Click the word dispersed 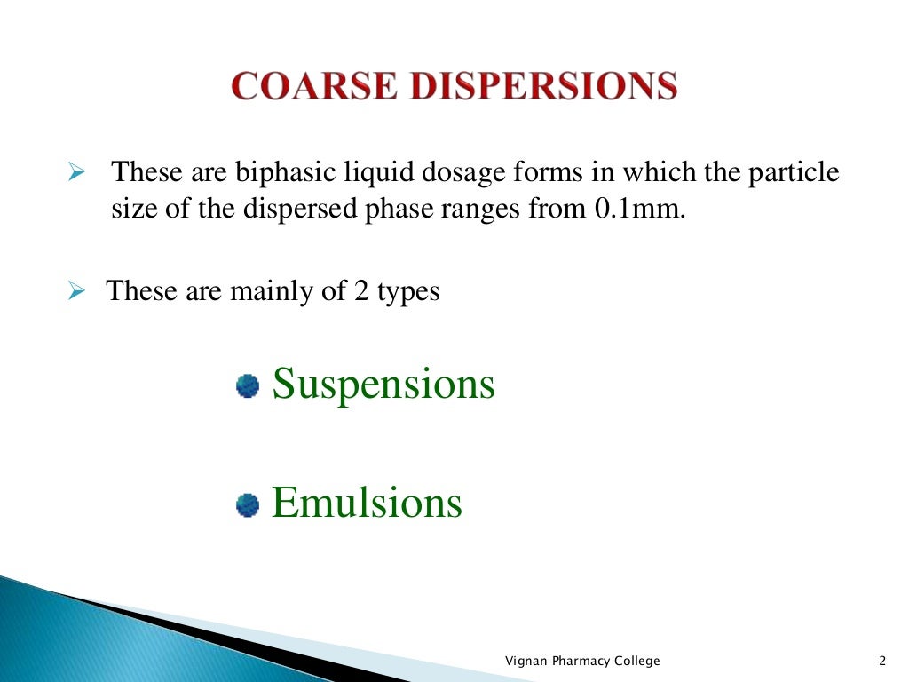[x=293, y=210]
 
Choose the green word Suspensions [x=383, y=384]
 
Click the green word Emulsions [x=367, y=503]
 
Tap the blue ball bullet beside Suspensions [x=248, y=386]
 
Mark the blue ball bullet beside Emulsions [x=248, y=505]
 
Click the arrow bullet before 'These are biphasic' [x=75, y=170]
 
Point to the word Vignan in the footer [x=526, y=661]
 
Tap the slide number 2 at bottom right [x=881, y=661]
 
